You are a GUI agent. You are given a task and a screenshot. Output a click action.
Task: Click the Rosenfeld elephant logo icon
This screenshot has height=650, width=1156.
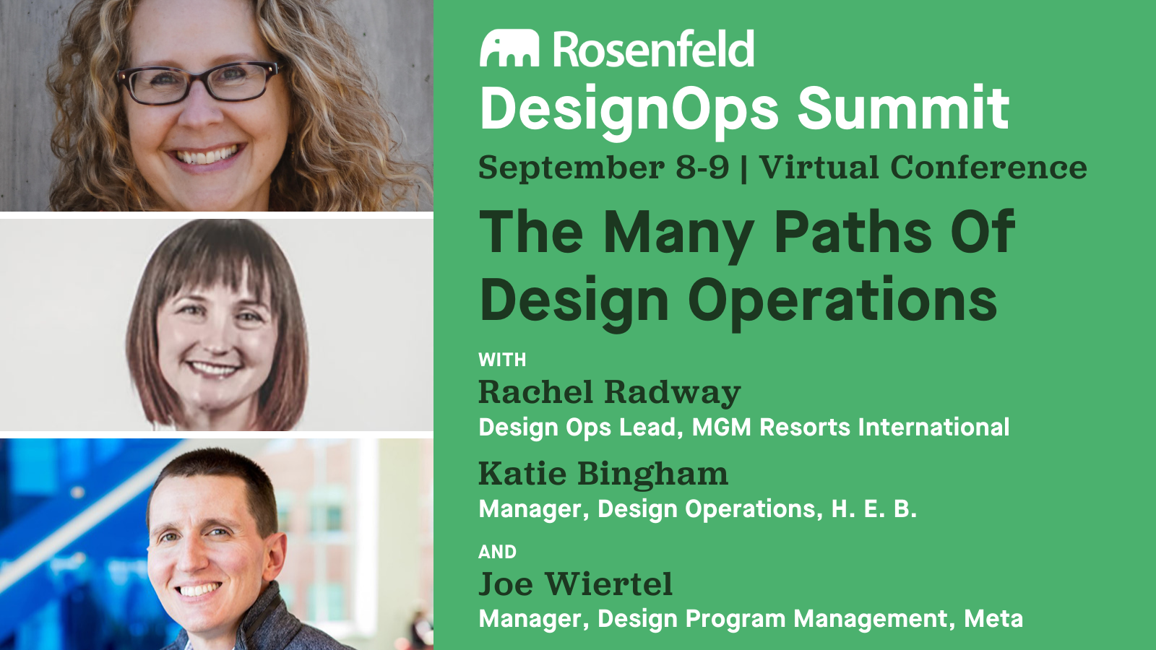point(509,48)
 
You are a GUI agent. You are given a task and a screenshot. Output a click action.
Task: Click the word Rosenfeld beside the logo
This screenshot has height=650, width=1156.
point(653,49)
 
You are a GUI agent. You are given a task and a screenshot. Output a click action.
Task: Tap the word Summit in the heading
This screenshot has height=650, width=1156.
point(903,108)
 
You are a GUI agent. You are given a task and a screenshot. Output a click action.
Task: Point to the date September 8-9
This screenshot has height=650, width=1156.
point(603,168)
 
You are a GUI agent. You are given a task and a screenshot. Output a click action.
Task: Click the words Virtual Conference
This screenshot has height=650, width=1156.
point(923,168)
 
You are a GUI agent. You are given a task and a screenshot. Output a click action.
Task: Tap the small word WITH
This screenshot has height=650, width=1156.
point(502,360)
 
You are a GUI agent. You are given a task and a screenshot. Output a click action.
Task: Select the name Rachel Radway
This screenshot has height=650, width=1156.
point(609,393)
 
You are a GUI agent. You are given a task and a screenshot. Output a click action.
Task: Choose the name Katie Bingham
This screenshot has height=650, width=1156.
point(603,474)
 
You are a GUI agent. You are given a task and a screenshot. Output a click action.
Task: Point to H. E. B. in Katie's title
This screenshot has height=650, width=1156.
point(874,509)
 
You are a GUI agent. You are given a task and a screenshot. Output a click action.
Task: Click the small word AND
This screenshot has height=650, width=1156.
point(497,552)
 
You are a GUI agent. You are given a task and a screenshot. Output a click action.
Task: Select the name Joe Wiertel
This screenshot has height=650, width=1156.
point(575,584)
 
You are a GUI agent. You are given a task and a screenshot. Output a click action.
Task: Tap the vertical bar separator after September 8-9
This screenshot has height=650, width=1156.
point(744,168)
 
